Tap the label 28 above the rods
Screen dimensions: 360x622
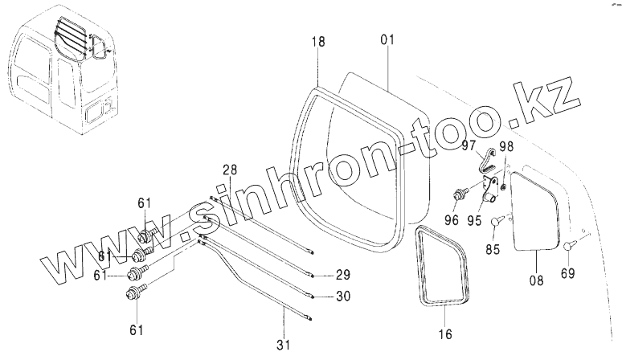coord(231,170)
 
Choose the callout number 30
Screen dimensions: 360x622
coord(343,296)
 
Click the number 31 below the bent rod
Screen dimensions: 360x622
coord(281,345)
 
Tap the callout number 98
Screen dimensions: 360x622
coord(506,145)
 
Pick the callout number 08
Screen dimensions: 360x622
coord(537,280)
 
